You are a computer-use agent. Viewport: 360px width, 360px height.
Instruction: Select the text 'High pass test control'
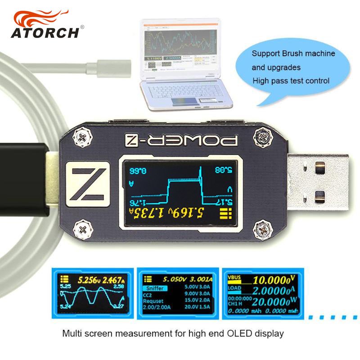pyautogui.click(x=291, y=81)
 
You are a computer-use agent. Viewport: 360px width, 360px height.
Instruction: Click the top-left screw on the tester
pyautogui.click(x=84, y=137)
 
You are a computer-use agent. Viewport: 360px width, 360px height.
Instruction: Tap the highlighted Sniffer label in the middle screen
pyautogui.click(x=155, y=288)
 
